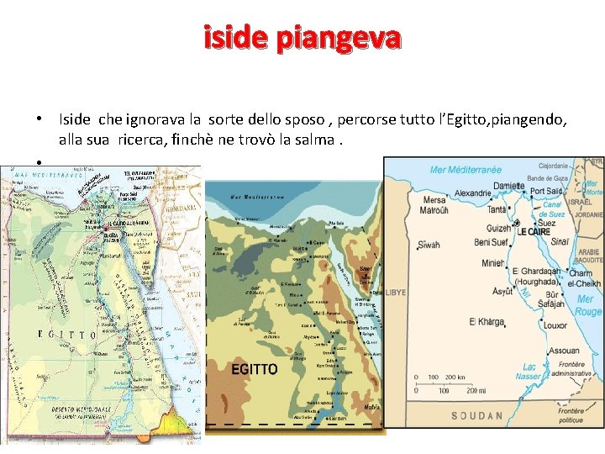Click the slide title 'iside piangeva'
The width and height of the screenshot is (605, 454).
coord(302,38)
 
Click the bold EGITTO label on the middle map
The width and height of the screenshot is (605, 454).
coord(254,369)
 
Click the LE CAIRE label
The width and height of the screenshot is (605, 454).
coord(534,230)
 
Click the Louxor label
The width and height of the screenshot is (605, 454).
coord(555,325)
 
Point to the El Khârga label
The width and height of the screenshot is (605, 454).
coord(487,322)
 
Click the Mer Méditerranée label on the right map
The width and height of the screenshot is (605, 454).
coord(466,170)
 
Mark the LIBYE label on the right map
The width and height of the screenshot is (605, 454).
coord(395,292)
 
